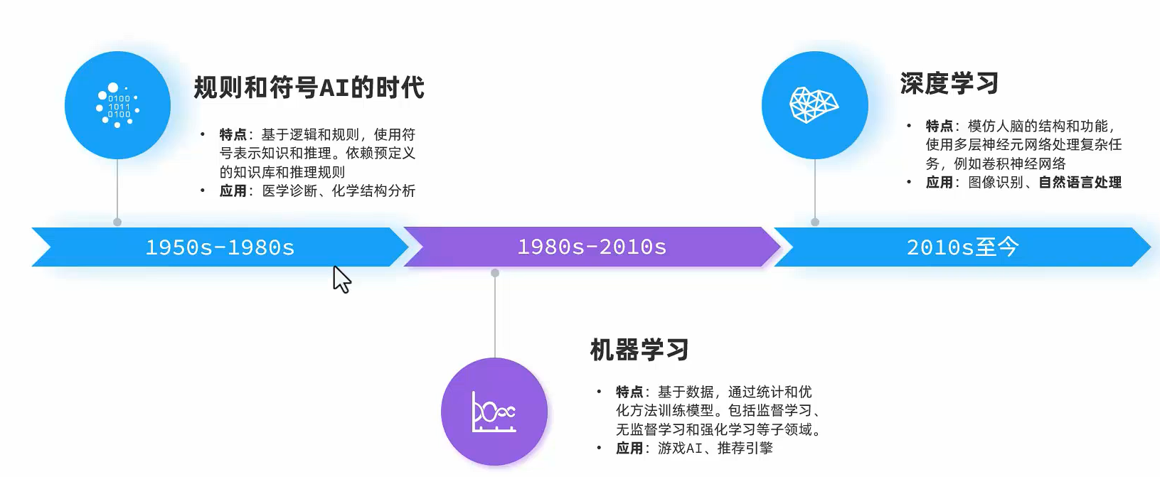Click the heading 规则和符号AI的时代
(309, 87)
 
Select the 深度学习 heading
(949, 83)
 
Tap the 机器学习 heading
(639, 350)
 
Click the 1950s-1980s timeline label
(220, 247)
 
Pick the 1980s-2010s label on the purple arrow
(592, 247)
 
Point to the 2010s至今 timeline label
(962, 247)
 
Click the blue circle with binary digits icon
(117, 105)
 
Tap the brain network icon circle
(814, 105)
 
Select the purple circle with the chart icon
(494, 412)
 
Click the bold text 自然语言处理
(1080, 183)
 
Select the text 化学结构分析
(373, 191)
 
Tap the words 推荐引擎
(745, 448)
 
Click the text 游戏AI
(679, 448)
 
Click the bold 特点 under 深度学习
(939, 126)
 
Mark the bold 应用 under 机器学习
(629, 448)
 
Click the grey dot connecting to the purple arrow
(495, 273)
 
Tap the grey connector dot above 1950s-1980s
(117, 222)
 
